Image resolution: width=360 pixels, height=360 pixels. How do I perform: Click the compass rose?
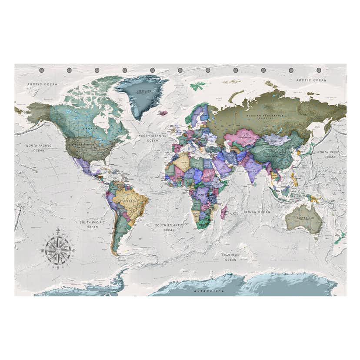coord(58,250)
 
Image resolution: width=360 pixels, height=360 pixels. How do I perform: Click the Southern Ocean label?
coord(230,257)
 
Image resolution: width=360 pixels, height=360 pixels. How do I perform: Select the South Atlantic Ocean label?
coord(170,227)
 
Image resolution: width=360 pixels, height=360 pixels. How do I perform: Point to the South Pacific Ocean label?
coord(92,224)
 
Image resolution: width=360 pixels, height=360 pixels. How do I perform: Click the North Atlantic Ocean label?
coord(152,138)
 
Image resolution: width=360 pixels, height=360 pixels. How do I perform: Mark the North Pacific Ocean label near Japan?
coord(330,154)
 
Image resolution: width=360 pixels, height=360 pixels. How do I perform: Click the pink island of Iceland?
coord(164,113)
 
